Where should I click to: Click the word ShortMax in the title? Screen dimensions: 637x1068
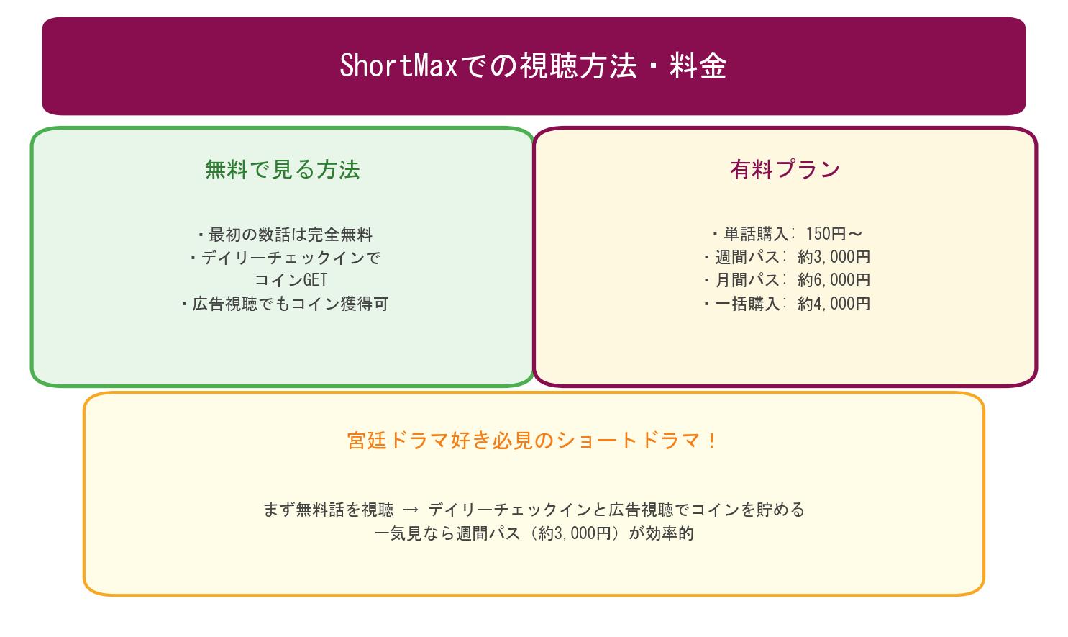(x=398, y=65)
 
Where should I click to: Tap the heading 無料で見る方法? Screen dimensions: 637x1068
(x=282, y=170)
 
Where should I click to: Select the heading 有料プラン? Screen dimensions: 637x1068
(x=785, y=170)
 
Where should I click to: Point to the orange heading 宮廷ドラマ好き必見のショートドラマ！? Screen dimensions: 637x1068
(x=533, y=441)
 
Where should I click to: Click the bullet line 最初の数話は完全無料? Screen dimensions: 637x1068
(x=285, y=235)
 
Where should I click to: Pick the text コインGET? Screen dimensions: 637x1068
(x=291, y=280)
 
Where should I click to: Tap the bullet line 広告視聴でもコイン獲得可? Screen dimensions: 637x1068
(x=285, y=304)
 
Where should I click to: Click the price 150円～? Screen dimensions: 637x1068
(x=833, y=234)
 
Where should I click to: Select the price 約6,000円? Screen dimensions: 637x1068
(x=834, y=280)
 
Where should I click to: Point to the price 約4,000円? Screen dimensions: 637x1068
(x=834, y=304)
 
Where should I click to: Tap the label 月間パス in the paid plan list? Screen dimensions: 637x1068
(x=747, y=280)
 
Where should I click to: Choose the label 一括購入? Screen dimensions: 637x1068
(x=747, y=304)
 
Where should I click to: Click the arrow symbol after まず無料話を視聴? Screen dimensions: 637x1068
(x=411, y=510)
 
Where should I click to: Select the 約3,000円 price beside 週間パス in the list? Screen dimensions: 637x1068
(x=834, y=257)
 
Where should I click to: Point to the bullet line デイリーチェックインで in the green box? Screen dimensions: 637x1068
(x=285, y=258)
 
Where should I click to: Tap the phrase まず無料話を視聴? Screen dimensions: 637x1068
(x=328, y=510)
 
